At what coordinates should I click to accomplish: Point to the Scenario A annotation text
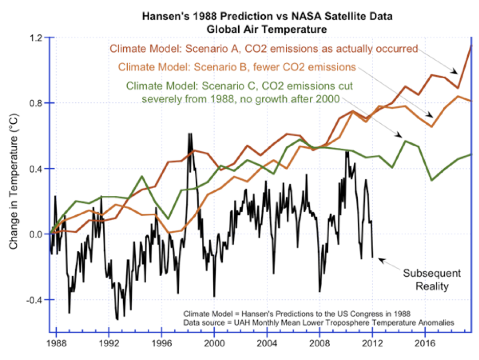[264, 49]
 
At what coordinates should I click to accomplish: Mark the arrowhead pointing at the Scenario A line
[456, 72]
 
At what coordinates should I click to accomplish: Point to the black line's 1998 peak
[190, 134]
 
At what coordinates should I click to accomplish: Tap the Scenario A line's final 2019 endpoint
[471, 46]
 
